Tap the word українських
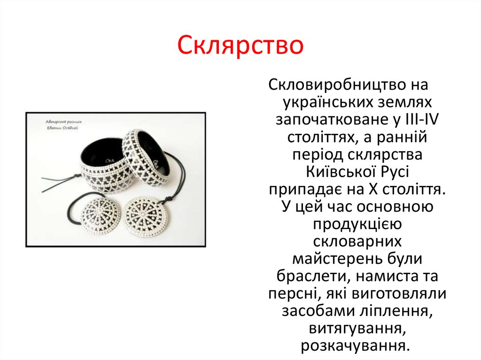[325, 102]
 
